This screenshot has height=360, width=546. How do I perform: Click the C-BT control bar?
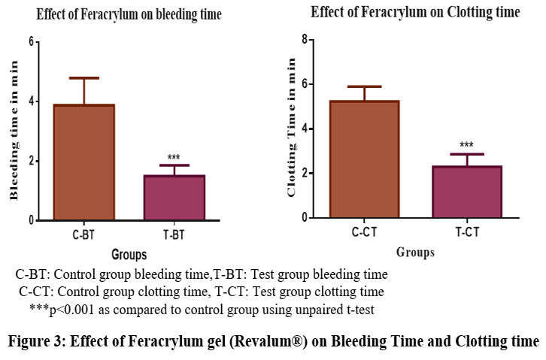pos(83,162)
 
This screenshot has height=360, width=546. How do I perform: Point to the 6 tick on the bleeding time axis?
pos(31,41)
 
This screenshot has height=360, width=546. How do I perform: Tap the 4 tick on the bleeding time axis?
pos(31,101)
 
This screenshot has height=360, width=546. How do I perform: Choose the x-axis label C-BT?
pos(83,234)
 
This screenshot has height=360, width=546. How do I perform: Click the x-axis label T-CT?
pos(466,232)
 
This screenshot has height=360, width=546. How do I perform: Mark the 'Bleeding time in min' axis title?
pos(13,131)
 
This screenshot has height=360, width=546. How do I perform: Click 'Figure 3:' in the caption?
pos(37,340)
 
